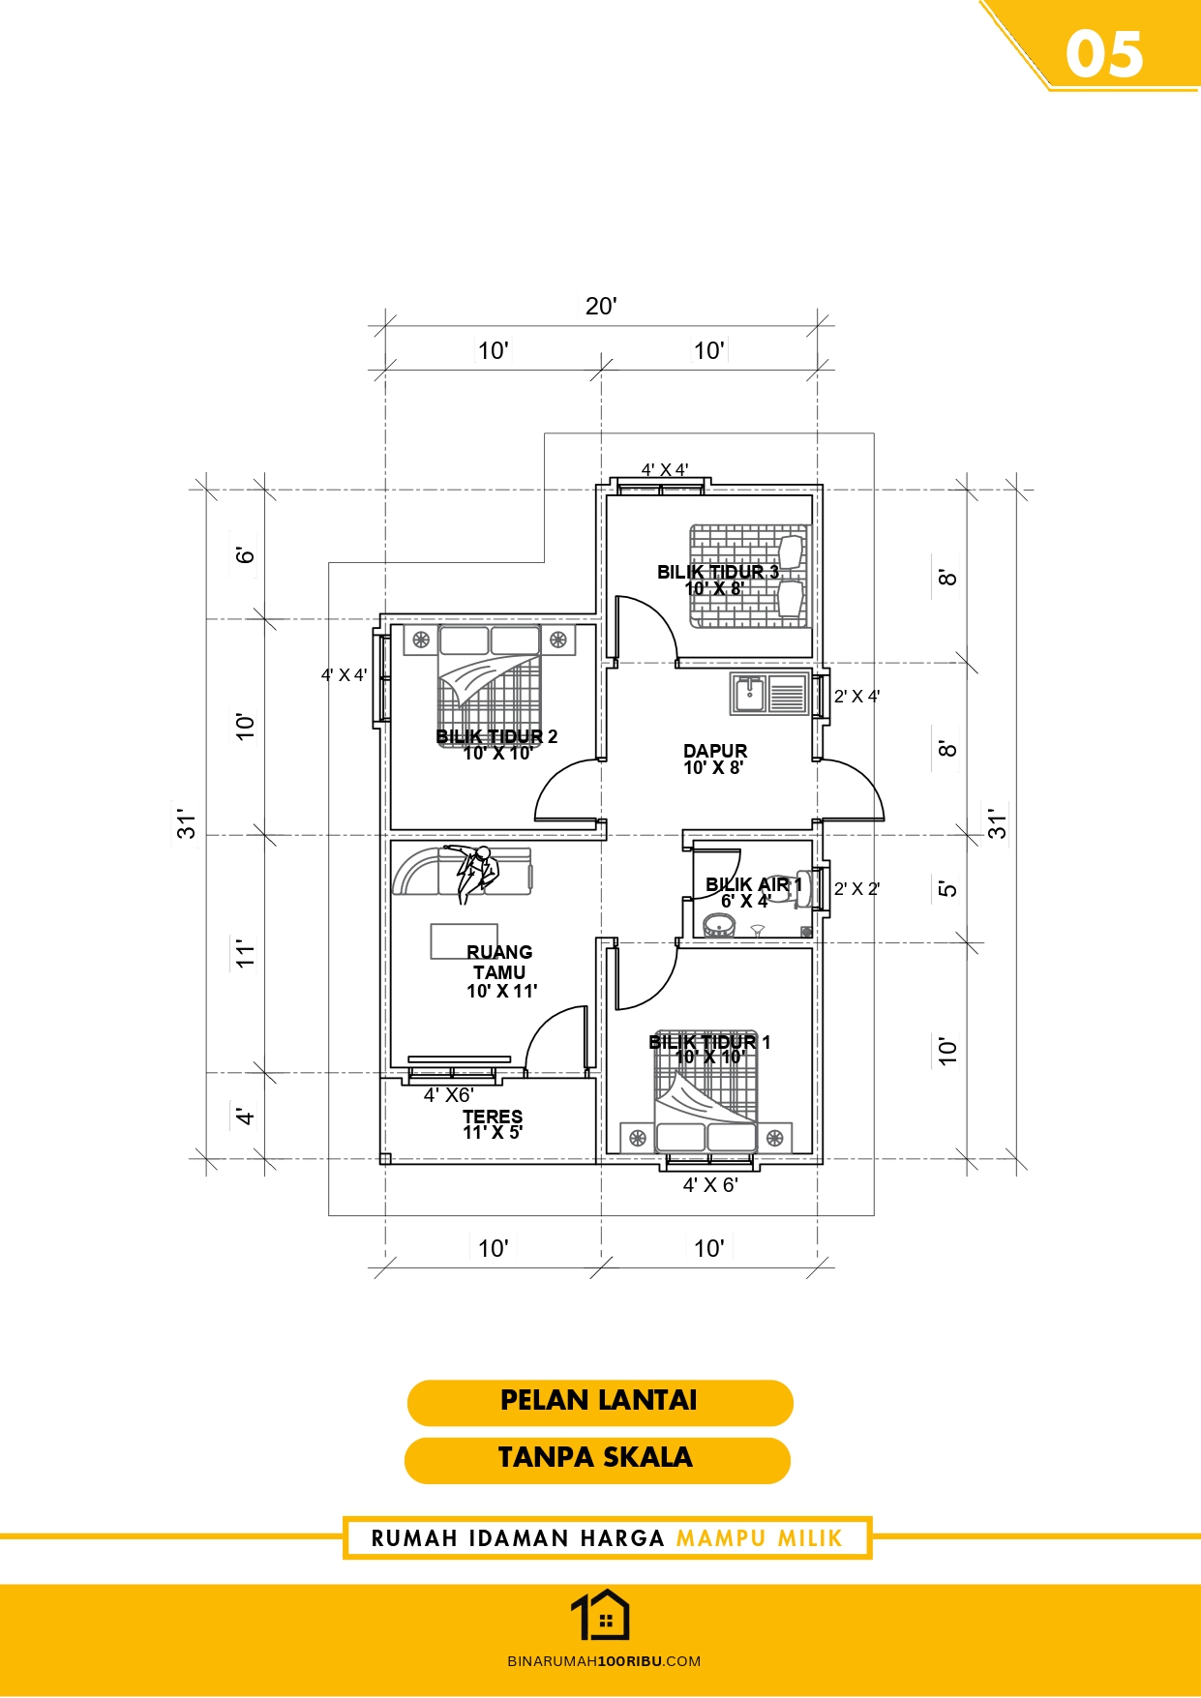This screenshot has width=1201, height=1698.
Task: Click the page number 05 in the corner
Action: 1104,54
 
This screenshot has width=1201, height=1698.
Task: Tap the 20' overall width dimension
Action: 601,307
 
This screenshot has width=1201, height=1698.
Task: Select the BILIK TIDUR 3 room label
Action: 717,572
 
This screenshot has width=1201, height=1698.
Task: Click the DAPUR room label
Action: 715,751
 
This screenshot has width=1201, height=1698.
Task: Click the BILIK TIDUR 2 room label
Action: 496,736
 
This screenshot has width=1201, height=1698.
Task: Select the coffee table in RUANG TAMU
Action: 465,940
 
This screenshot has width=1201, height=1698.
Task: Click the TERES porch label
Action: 493,1117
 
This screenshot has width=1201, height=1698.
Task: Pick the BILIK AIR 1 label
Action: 754,884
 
